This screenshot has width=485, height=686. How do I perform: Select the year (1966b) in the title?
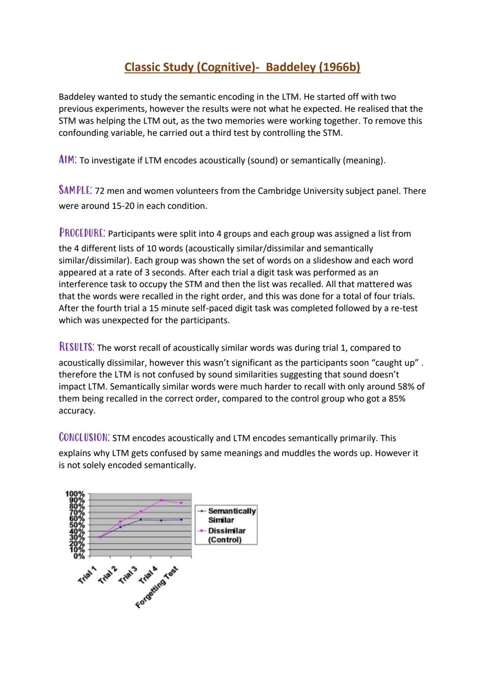point(335,67)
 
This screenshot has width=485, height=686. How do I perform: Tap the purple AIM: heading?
point(67,160)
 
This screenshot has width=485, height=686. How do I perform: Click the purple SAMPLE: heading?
point(75,190)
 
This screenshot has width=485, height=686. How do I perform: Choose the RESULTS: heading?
point(76,347)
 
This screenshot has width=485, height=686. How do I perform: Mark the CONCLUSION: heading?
point(84,437)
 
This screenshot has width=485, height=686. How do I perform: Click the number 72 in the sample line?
point(100,191)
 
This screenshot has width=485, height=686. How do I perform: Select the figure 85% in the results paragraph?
point(397,399)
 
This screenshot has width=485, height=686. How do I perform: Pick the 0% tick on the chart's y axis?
point(79,556)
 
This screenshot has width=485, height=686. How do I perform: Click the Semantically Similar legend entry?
point(231,515)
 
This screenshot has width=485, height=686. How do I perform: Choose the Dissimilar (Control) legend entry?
point(226,535)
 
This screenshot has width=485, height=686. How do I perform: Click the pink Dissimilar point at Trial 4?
point(161,500)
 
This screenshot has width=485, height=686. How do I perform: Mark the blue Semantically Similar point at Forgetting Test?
point(181,519)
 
